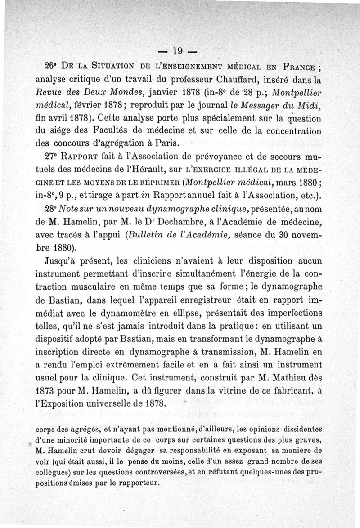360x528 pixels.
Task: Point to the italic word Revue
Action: pos(48,94)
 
